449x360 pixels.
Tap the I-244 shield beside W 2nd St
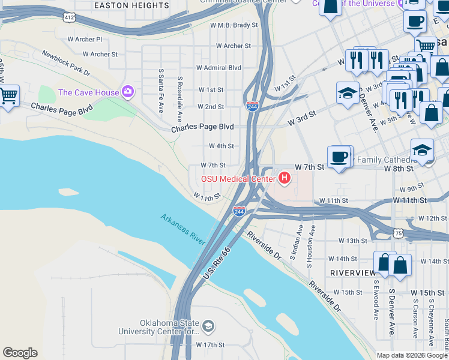[253, 107]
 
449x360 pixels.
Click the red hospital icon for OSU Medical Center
[285, 178]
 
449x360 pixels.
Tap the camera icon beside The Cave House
[127, 92]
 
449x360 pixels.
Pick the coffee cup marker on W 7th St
[340, 157]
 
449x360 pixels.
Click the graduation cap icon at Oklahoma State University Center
[208, 326]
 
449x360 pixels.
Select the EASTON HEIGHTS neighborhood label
[131, 5]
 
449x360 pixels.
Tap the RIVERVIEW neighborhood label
[352, 272]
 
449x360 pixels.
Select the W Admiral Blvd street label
[218, 68]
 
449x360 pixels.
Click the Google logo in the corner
[20, 353]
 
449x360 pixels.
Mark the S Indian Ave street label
[300, 244]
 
